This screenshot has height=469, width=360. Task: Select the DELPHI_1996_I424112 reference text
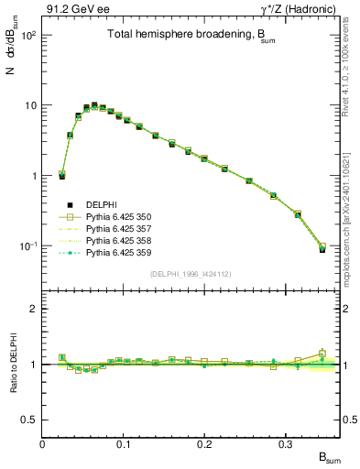click(x=191, y=273)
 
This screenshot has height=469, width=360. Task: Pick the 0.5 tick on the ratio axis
click(x=30, y=420)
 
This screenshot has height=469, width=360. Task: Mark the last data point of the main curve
click(x=322, y=248)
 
